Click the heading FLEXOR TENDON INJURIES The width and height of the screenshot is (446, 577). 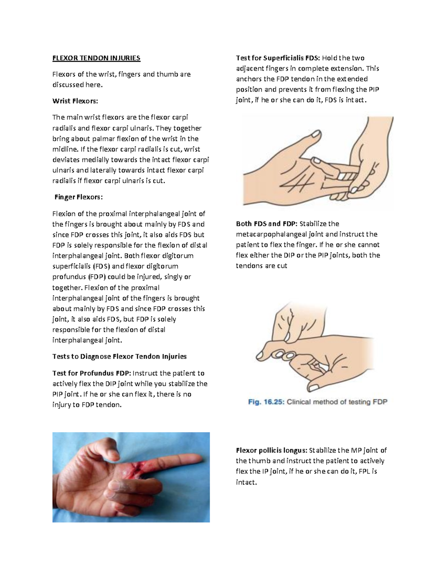tap(96, 58)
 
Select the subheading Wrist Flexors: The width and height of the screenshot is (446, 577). tap(75, 101)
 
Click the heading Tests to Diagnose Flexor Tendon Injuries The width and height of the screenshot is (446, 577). tap(119, 357)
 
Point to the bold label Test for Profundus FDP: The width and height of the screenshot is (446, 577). tap(91, 373)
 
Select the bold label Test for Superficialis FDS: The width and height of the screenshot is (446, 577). tap(278, 58)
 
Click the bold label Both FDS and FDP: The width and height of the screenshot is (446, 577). tap(266, 224)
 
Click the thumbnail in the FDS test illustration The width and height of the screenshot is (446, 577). tap(316, 133)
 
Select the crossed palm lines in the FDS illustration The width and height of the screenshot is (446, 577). tap(297, 181)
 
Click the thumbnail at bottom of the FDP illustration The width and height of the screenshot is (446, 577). tap(315, 388)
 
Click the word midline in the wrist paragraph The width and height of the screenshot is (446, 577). tap(65, 149)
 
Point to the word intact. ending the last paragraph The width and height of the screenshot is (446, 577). tap(246, 483)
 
